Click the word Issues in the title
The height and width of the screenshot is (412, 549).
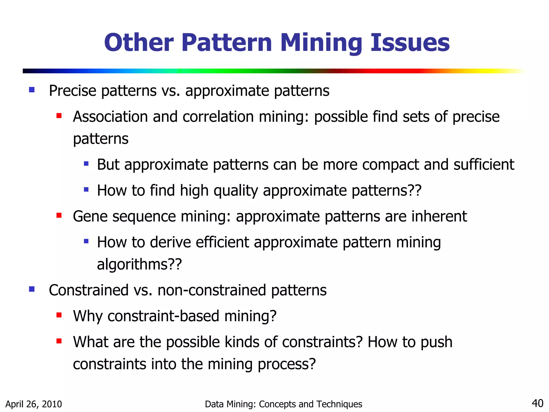point(410,43)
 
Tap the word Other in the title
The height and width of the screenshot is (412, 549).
point(139,43)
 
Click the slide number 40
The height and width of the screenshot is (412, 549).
point(537,403)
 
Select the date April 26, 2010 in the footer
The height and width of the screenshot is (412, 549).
point(34,404)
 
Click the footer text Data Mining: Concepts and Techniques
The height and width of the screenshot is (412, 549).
point(283,404)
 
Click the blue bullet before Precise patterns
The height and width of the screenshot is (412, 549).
point(32,90)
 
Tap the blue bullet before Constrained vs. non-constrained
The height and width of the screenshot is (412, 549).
point(32,289)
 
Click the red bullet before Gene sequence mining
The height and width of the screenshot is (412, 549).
point(59,215)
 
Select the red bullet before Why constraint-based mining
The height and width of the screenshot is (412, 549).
point(59,315)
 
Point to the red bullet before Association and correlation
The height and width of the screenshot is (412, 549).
point(59,116)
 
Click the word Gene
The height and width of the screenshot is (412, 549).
point(90,216)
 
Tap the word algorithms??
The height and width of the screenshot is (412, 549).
point(139,264)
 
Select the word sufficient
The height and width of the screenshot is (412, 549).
point(484,164)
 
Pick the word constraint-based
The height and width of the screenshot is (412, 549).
point(164,316)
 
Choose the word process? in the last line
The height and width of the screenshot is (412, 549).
point(287,364)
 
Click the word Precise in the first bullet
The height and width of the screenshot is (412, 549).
point(72,91)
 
